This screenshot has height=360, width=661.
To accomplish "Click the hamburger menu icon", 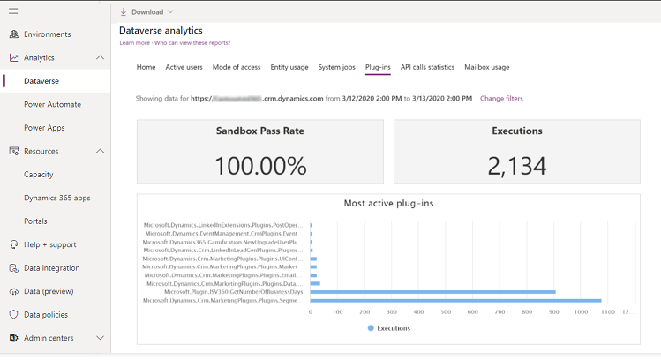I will point(13,11).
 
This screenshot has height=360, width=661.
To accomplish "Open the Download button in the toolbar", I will point(146,11).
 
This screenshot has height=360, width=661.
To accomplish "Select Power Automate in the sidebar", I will point(52,104).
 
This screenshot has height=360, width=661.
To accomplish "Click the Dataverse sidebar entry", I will point(42,81).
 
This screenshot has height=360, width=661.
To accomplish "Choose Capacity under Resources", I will point(39,175).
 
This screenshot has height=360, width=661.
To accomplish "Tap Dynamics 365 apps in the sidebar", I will point(57,198).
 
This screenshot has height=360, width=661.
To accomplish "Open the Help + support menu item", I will point(49,244).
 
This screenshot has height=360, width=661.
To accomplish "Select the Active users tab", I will point(184,67).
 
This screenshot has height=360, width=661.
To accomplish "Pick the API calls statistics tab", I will point(427,67).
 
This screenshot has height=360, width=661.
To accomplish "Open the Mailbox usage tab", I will point(486,67).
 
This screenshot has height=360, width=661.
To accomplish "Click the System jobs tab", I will point(336,67).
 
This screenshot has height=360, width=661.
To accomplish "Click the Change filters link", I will point(501,99).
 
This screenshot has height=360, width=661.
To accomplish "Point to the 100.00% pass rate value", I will point(260,165).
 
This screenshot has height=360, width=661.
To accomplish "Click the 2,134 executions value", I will point(516,165).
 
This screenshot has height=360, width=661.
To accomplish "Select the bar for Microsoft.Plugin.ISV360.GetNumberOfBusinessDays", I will point(432,291).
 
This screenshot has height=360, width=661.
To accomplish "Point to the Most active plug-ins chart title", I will point(388,203).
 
